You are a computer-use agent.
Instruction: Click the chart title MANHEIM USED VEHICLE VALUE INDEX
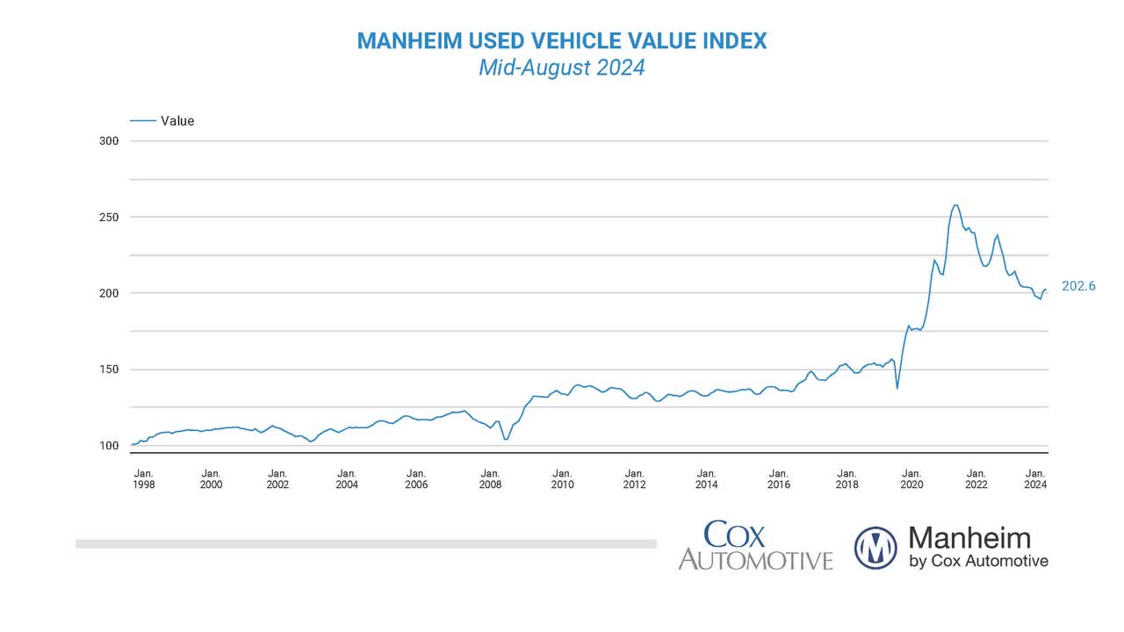[562, 40]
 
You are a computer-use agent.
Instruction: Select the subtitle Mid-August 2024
[562, 68]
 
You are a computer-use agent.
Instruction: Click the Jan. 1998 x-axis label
[143, 478]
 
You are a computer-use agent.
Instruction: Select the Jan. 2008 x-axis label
[490, 478]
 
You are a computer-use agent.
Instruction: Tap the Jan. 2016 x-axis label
[778, 478]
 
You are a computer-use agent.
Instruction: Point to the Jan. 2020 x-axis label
[911, 478]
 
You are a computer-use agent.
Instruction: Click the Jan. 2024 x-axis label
[1035, 478]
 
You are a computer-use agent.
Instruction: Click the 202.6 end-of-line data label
[1078, 286]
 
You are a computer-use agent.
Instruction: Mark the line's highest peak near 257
[955, 205]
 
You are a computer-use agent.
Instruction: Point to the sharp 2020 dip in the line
[897, 387]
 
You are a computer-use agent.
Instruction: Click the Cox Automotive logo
[754, 547]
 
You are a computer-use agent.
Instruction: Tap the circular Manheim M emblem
[875, 548]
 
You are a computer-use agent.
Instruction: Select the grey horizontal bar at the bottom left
[365, 544]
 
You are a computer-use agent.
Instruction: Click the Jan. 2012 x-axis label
[634, 478]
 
